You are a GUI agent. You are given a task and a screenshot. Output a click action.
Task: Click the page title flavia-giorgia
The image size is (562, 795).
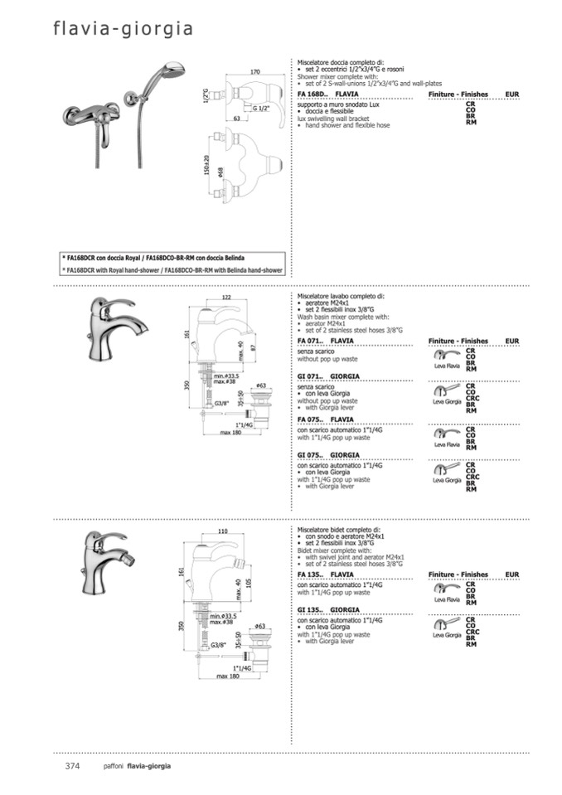pyautogui.click(x=124, y=30)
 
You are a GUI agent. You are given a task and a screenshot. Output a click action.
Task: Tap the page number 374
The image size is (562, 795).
pyautogui.click(x=71, y=766)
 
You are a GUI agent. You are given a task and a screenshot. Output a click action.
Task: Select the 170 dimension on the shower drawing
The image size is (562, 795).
pyautogui.click(x=254, y=73)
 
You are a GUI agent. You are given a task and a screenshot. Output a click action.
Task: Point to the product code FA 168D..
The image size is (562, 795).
pyautogui.click(x=312, y=96)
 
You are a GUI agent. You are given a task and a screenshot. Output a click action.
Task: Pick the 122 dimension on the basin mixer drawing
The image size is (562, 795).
pyautogui.click(x=225, y=298)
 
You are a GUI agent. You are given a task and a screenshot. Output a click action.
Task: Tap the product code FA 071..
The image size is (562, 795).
pyautogui.click(x=310, y=341)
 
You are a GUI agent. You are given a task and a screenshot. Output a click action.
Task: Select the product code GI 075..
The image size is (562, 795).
pyautogui.click(x=310, y=455)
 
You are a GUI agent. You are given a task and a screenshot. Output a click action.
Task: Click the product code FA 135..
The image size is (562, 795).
pyautogui.click(x=310, y=574)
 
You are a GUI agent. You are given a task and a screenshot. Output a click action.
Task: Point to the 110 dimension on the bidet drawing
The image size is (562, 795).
pyautogui.click(x=222, y=531)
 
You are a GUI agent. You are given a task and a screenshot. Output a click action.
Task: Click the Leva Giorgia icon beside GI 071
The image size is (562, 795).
pyautogui.click(x=447, y=393)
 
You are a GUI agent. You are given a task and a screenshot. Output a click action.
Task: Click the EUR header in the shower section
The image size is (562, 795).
pyautogui.click(x=511, y=96)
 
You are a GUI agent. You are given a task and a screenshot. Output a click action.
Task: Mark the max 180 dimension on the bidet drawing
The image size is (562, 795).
pyautogui.click(x=228, y=676)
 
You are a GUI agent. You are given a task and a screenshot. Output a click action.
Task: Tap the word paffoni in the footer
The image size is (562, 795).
pyautogui.click(x=114, y=766)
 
